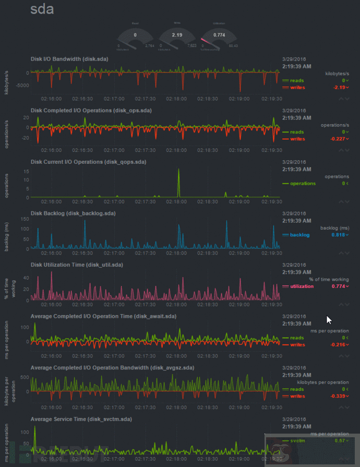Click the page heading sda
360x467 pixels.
point(42,9)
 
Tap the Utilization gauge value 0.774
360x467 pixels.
point(219,34)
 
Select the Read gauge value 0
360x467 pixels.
point(135,34)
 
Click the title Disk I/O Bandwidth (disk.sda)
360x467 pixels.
point(69,59)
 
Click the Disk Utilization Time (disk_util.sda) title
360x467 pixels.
point(77,265)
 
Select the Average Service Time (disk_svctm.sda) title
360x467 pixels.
point(81,419)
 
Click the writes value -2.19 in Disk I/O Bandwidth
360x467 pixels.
point(340,88)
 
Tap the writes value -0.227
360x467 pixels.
point(339,139)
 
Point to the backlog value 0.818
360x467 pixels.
point(339,235)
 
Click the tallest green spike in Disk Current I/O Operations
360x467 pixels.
point(178,170)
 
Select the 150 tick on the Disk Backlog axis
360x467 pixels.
point(24,220)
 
